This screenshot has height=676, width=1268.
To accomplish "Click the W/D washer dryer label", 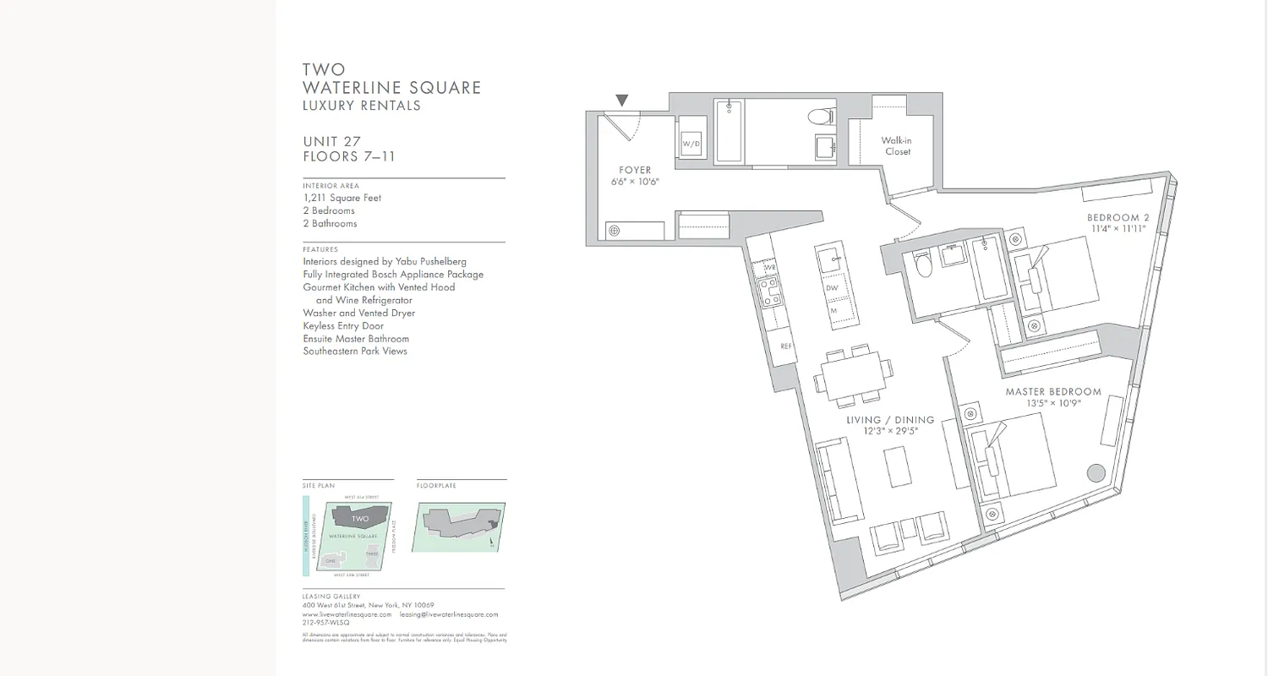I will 691,144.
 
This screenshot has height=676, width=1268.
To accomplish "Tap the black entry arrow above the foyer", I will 622,101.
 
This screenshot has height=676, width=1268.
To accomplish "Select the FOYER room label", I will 635,171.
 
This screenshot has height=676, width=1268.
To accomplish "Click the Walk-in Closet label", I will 898,146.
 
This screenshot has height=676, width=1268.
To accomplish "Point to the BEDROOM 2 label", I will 1118,218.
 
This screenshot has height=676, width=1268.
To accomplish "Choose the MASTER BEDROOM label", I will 1053,392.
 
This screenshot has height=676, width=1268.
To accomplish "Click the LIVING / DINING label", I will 890,420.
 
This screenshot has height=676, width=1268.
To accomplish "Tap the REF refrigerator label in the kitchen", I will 785,346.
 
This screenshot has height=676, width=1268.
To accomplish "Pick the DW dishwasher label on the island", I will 833,287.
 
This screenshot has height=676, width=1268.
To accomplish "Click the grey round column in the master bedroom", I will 1096,473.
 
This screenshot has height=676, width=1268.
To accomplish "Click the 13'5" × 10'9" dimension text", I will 1054,404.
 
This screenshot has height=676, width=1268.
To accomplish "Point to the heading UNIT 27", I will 332,142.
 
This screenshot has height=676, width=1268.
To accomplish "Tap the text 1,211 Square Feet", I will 342,198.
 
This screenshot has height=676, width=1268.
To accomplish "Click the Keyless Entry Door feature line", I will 343,325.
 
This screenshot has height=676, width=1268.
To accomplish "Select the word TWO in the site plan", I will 360,518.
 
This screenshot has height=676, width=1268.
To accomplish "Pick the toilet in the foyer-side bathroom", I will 819,117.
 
